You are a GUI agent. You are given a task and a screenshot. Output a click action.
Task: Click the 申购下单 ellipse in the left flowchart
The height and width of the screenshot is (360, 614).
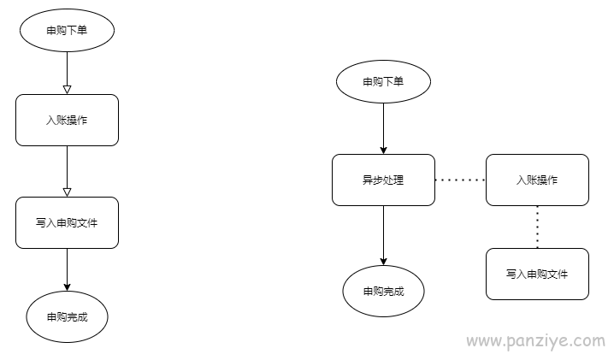coord(67,30)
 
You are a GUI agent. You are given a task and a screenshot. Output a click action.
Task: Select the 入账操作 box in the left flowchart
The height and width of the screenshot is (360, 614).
coord(67,120)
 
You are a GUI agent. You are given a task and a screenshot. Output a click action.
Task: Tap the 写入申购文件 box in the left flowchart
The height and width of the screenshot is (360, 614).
coord(67,222)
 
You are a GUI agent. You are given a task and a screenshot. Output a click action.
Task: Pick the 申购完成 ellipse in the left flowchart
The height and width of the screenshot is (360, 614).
coord(67,316)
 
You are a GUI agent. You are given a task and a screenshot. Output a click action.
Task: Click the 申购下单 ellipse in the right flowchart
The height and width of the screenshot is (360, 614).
coord(383,81)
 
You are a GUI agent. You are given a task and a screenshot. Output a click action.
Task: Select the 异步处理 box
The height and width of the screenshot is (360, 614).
coord(383,180)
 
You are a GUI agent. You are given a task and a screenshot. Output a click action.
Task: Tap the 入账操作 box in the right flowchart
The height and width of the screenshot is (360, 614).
coord(537,180)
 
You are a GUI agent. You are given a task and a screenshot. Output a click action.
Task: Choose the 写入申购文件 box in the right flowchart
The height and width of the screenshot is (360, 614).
coord(537,274)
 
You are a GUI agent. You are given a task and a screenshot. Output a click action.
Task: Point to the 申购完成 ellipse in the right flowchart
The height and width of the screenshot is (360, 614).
coord(383,291)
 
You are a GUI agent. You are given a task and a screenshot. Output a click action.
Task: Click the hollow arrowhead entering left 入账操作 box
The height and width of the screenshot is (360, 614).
coord(67,90)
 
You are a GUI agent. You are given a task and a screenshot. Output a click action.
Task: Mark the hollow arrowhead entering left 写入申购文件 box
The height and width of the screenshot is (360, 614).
coord(67,192)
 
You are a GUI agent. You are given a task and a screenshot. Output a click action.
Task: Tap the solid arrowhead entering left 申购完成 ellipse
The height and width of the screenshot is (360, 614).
coord(67,287)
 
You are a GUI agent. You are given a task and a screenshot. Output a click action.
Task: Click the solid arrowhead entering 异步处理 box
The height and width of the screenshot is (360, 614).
coord(383,150)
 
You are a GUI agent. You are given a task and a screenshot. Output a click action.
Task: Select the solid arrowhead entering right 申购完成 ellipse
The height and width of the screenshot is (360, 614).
coord(383,262)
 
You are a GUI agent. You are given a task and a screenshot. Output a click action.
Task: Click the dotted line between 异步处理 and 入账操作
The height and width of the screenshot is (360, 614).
coord(460,180)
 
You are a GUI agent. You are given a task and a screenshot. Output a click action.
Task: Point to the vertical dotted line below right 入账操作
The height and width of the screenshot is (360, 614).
coord(537,227)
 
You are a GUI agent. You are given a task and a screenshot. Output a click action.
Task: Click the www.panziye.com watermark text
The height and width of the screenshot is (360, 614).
coord(536,341)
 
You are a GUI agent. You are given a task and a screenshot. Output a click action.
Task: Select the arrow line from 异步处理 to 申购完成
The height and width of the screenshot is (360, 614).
coord(383,235)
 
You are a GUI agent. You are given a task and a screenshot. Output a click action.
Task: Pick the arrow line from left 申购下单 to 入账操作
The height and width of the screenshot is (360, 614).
coord(67,73)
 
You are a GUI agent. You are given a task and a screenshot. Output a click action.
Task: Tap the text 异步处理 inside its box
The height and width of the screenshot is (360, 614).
coord(383,180)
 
